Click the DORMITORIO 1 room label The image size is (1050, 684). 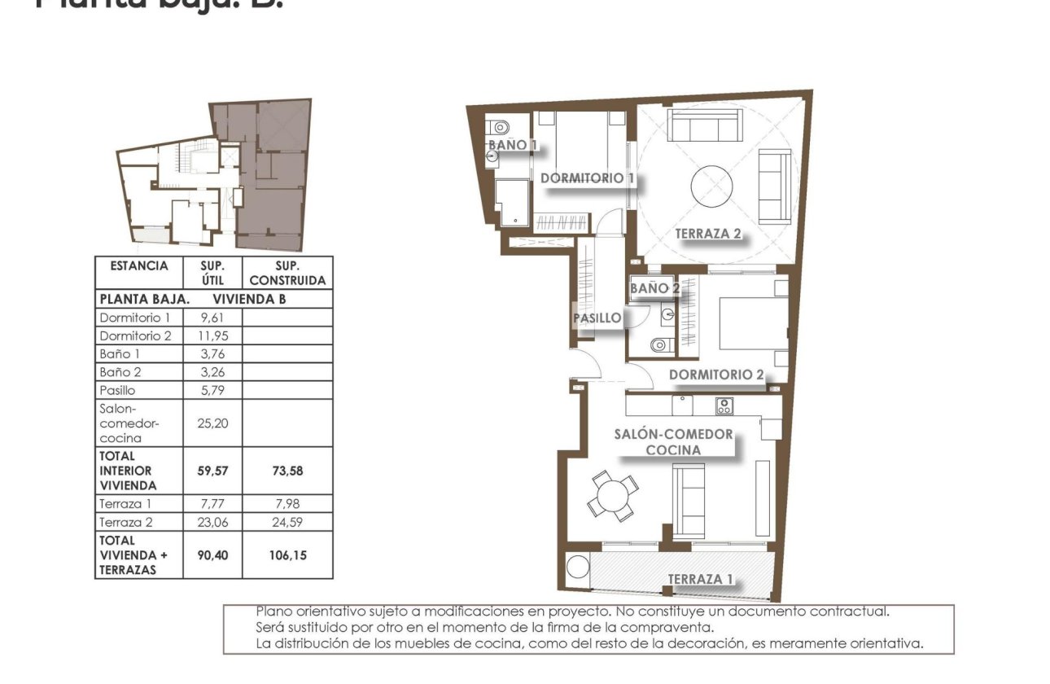(587, 178)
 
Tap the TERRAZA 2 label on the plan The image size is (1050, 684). (708, 234)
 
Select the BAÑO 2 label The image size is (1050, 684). (654, 288)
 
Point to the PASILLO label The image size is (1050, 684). (597, 318)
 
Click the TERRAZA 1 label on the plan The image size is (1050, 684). (700, 579)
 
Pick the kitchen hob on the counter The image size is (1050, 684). (724, 405)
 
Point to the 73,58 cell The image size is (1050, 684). (287, 471)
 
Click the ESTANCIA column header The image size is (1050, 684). (138, 266)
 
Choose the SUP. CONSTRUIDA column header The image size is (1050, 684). (287, 273)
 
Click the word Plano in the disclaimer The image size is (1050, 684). (273, 611)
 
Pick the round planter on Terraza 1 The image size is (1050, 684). (578, 566)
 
